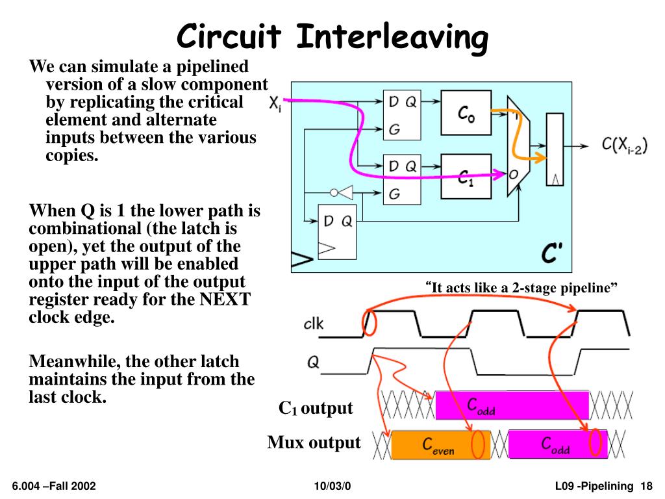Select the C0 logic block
tap(466, 114)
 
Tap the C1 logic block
tap(466, 175)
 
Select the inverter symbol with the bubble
tap(342, 192)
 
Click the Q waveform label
tap(313, 363)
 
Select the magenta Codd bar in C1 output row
tap(512, 405)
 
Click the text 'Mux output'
tap(314, 443)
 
